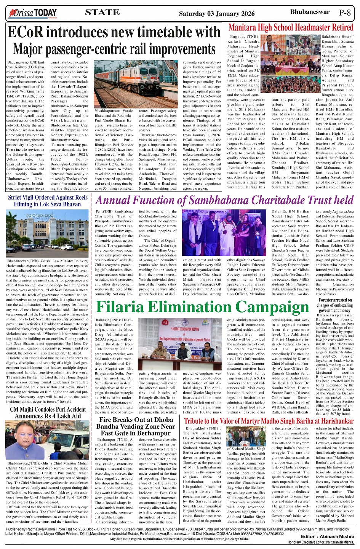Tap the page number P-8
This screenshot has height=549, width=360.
point(344,13)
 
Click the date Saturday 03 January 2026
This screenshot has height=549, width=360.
point(216,14)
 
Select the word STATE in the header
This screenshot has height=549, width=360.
point(102,13)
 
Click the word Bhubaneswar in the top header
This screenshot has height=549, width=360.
point(310,12)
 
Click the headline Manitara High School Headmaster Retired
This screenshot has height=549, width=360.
point(291,27)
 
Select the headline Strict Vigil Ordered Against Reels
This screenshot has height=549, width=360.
point(48,198)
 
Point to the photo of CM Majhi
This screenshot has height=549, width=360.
point(48,440)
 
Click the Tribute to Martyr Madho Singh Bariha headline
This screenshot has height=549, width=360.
point(269,421)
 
